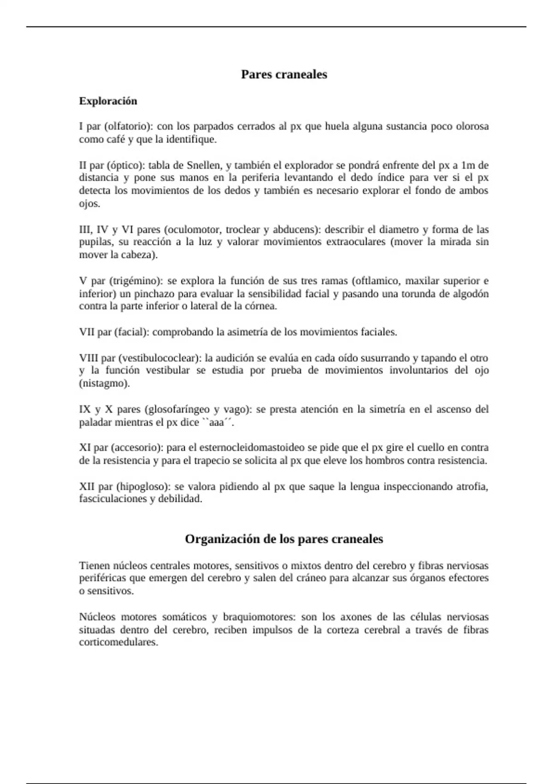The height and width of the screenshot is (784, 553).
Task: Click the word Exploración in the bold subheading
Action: coord(108,101)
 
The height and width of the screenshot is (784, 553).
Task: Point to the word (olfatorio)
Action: coord(128,126)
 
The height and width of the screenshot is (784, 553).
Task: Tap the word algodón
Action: coord(470,294)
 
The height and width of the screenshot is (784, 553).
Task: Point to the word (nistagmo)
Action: coord(105,383)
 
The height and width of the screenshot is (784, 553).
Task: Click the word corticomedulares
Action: coord(118,642)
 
